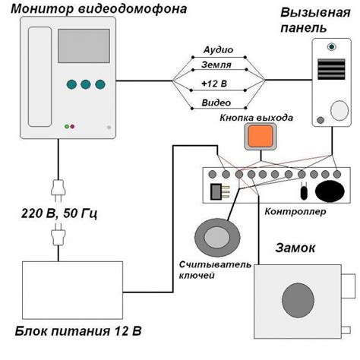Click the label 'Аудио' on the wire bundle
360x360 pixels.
pyautogui.click(x=219, y=49)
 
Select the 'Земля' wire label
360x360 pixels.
pyautogui.click(x=219, y=66)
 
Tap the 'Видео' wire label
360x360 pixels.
pyautogui.click(x=219, y=102)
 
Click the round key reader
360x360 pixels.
pyautogui.click(x=214, y=238)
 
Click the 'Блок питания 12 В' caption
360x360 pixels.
pyautogui.click(x=77, y=332)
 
